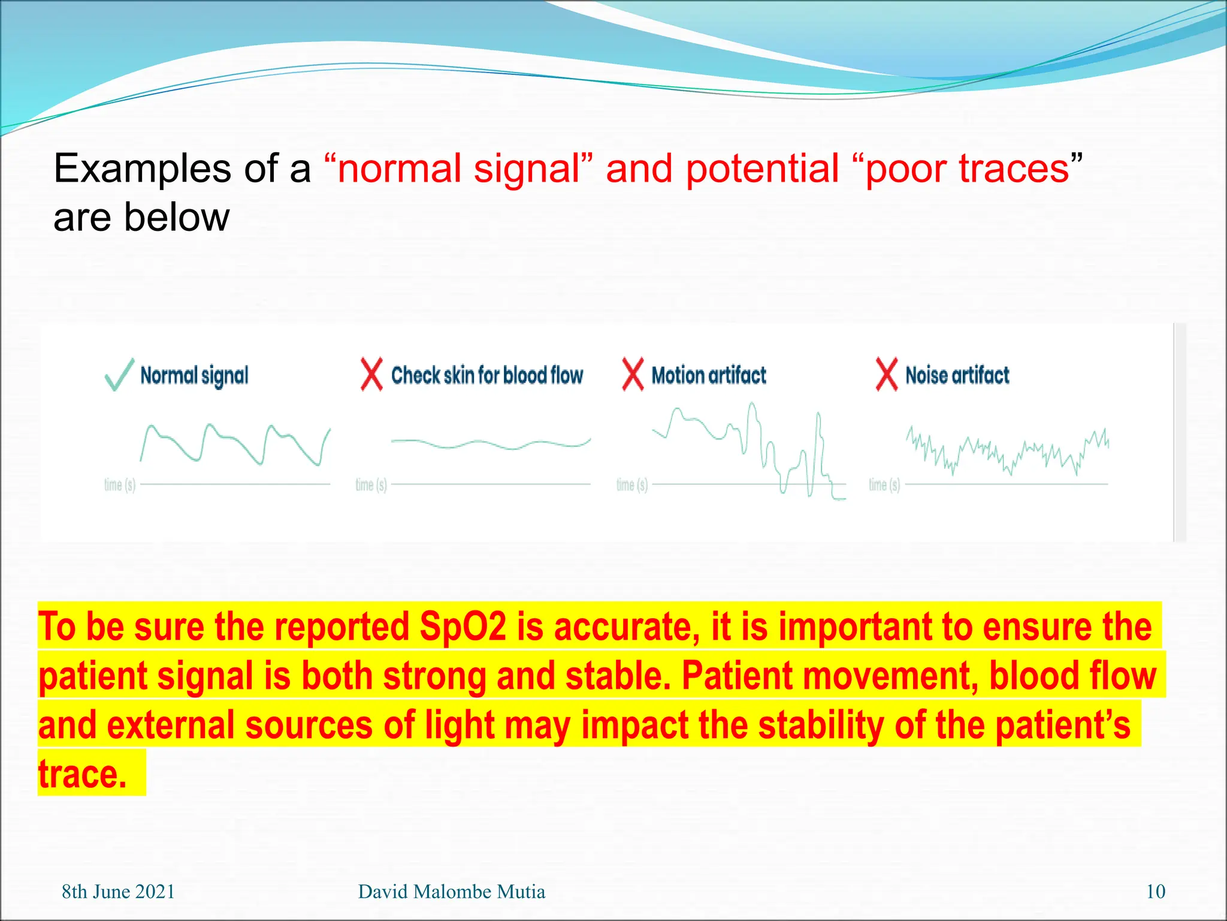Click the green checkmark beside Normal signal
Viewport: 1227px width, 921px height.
click(119, 375)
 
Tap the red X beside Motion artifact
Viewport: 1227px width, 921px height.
click(633, 375)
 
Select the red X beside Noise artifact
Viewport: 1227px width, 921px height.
click(887, 375)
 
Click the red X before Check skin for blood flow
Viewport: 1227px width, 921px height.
click(371, 375)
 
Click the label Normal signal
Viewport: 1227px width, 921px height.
click(194, 376)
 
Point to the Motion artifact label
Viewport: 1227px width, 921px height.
click(709, 375)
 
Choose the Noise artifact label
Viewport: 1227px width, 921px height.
click(957, 375)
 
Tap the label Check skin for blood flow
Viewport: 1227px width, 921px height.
click(486, 375)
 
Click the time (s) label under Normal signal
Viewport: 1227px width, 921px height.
click(120, 484)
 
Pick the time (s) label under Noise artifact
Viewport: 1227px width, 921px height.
click(884, 484)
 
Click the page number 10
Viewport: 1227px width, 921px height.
click(1155, 892)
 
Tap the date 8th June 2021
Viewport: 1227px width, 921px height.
click(118, 892)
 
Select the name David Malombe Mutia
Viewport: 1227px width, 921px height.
click(451, 892)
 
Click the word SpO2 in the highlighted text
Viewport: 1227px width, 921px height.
click(463, 627)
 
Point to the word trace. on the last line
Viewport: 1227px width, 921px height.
click(83, 774)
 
